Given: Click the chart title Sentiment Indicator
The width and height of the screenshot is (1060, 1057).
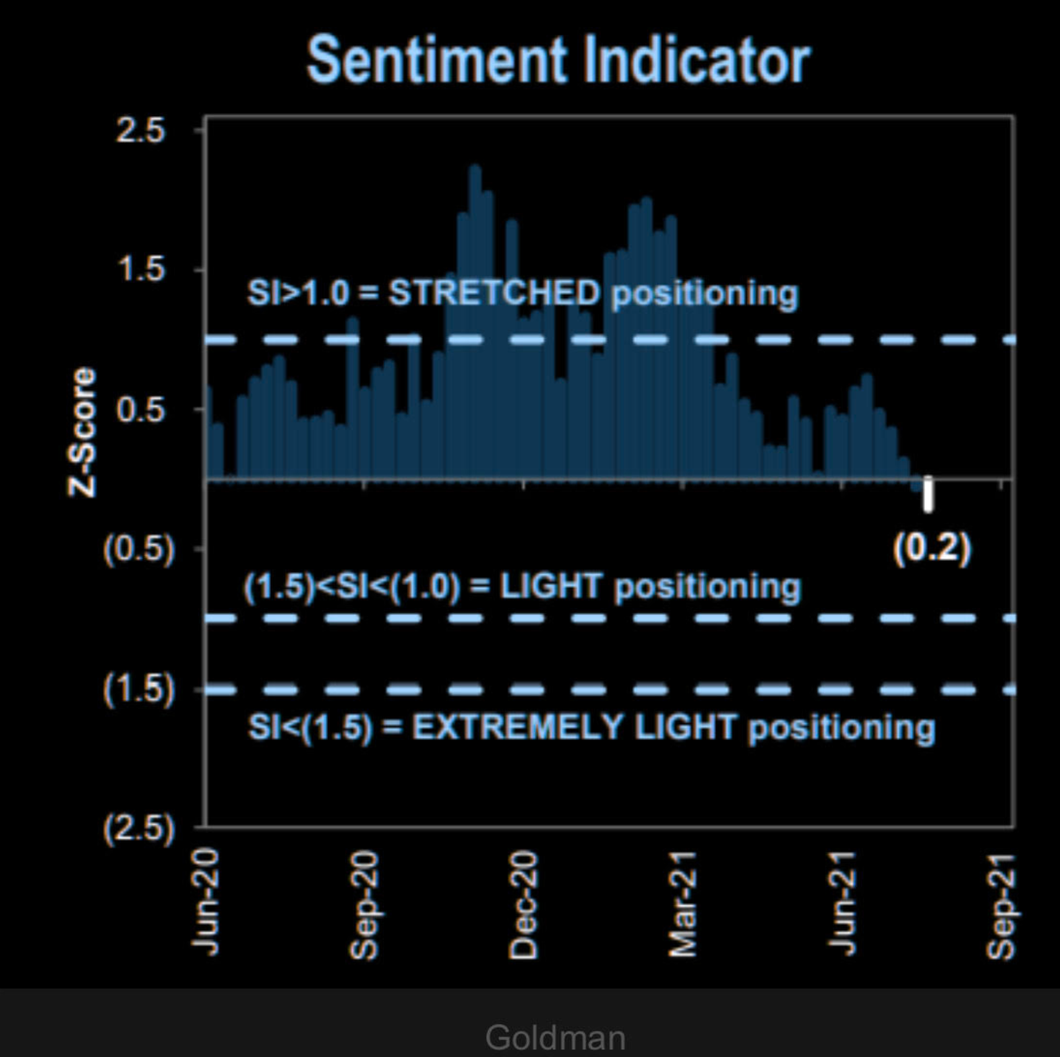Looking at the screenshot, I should [x=558, y=60].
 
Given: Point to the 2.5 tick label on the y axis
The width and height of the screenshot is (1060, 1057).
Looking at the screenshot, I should [x=140, y=130].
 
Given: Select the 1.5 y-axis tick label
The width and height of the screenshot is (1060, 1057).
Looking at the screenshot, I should [x=140, y=268].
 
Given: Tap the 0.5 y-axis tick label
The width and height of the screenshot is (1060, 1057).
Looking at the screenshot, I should [x=140, y=409].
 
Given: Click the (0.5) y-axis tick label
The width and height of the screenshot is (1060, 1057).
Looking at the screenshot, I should [x=139, y=549].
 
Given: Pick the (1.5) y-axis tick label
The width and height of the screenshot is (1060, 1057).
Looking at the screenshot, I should [x=139, y=689].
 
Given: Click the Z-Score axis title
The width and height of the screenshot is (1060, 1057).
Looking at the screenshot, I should [x=82, y=432].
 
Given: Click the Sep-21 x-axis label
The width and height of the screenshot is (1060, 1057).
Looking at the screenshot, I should [x=1001, y=906].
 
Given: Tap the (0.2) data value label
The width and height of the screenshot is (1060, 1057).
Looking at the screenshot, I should [x=932, y=549].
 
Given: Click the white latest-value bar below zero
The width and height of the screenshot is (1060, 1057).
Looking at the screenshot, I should [x=928, y=495].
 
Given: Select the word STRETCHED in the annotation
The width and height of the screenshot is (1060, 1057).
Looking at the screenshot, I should [x=494, y=293].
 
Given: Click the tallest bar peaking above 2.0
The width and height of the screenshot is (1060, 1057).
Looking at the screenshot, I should [x=475, y=323].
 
